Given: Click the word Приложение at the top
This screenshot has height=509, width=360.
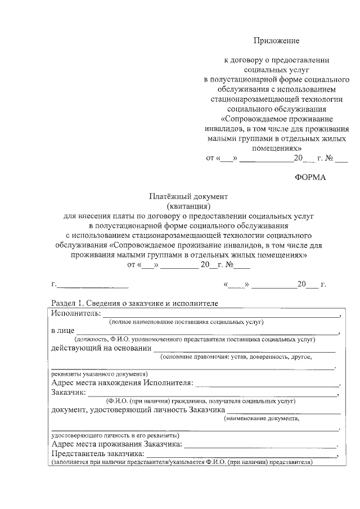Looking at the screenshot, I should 276,40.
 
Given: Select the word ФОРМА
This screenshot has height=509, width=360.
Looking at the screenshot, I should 310,178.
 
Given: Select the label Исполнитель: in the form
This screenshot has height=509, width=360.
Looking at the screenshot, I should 76,313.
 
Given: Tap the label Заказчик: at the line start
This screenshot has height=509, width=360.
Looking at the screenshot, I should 69,393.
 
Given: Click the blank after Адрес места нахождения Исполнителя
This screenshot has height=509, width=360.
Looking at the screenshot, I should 267,385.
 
